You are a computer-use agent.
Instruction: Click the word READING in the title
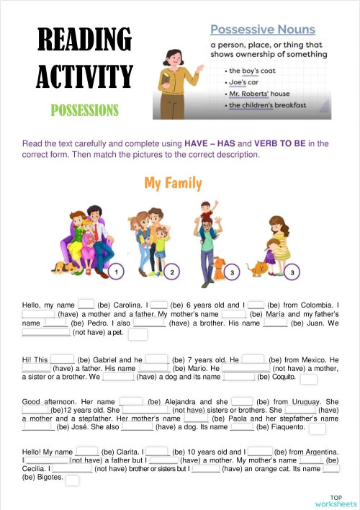[x=84, y=40]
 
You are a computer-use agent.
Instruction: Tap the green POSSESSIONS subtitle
[x=84, y=110]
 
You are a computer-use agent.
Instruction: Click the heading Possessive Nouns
[x=262, y=30]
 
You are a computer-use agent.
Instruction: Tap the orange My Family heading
[x=173, y=183]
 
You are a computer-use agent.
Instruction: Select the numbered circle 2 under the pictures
[x=172, y=272]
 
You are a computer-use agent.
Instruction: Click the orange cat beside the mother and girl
[x=256, y=268]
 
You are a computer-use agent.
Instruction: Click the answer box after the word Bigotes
[x=72, y=480]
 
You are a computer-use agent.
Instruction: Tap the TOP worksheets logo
[x=336, y=501]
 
